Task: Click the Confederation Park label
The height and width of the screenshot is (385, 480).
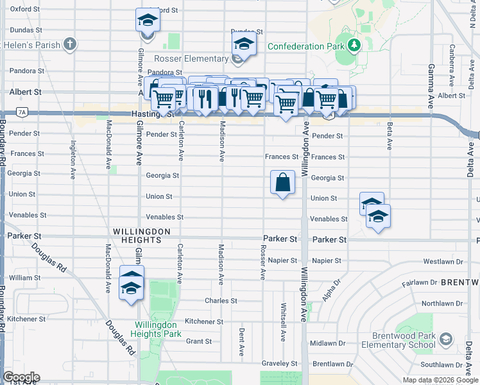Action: [305, 46]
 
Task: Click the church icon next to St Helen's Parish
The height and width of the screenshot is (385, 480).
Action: [70, 45]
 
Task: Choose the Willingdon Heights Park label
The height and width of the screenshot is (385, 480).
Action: [156, 329]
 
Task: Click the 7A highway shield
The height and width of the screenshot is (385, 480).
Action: [22, 112]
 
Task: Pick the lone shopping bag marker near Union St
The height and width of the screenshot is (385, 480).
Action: [282, 184]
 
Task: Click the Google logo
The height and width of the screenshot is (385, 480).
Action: [21, 377]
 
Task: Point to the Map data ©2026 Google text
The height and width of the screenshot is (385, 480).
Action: [440, 380]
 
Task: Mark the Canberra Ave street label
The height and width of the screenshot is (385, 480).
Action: [452, 59]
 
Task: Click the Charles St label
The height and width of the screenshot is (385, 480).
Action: [221, 300]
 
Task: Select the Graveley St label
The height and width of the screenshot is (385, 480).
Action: [280, 363]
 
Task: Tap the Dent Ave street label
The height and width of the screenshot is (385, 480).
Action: [241, 343]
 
